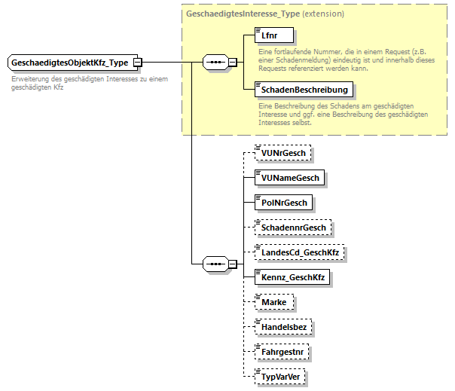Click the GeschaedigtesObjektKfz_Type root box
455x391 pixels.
click(x=69, y=63)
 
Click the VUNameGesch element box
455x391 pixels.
click(x=290, y=178)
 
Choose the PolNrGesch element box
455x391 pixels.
click(x=283, y=203)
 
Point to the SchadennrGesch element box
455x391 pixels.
click(x=294, y=228)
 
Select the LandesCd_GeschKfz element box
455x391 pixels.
click(x=299, y=252)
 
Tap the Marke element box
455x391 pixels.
click(x=274, y=302)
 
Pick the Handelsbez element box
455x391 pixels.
click(x=284, y=327)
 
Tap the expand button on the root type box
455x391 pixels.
click(x=137, y=63)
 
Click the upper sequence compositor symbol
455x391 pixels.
click(x=216, y=63)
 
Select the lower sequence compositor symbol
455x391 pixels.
click(x=216, y=264)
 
